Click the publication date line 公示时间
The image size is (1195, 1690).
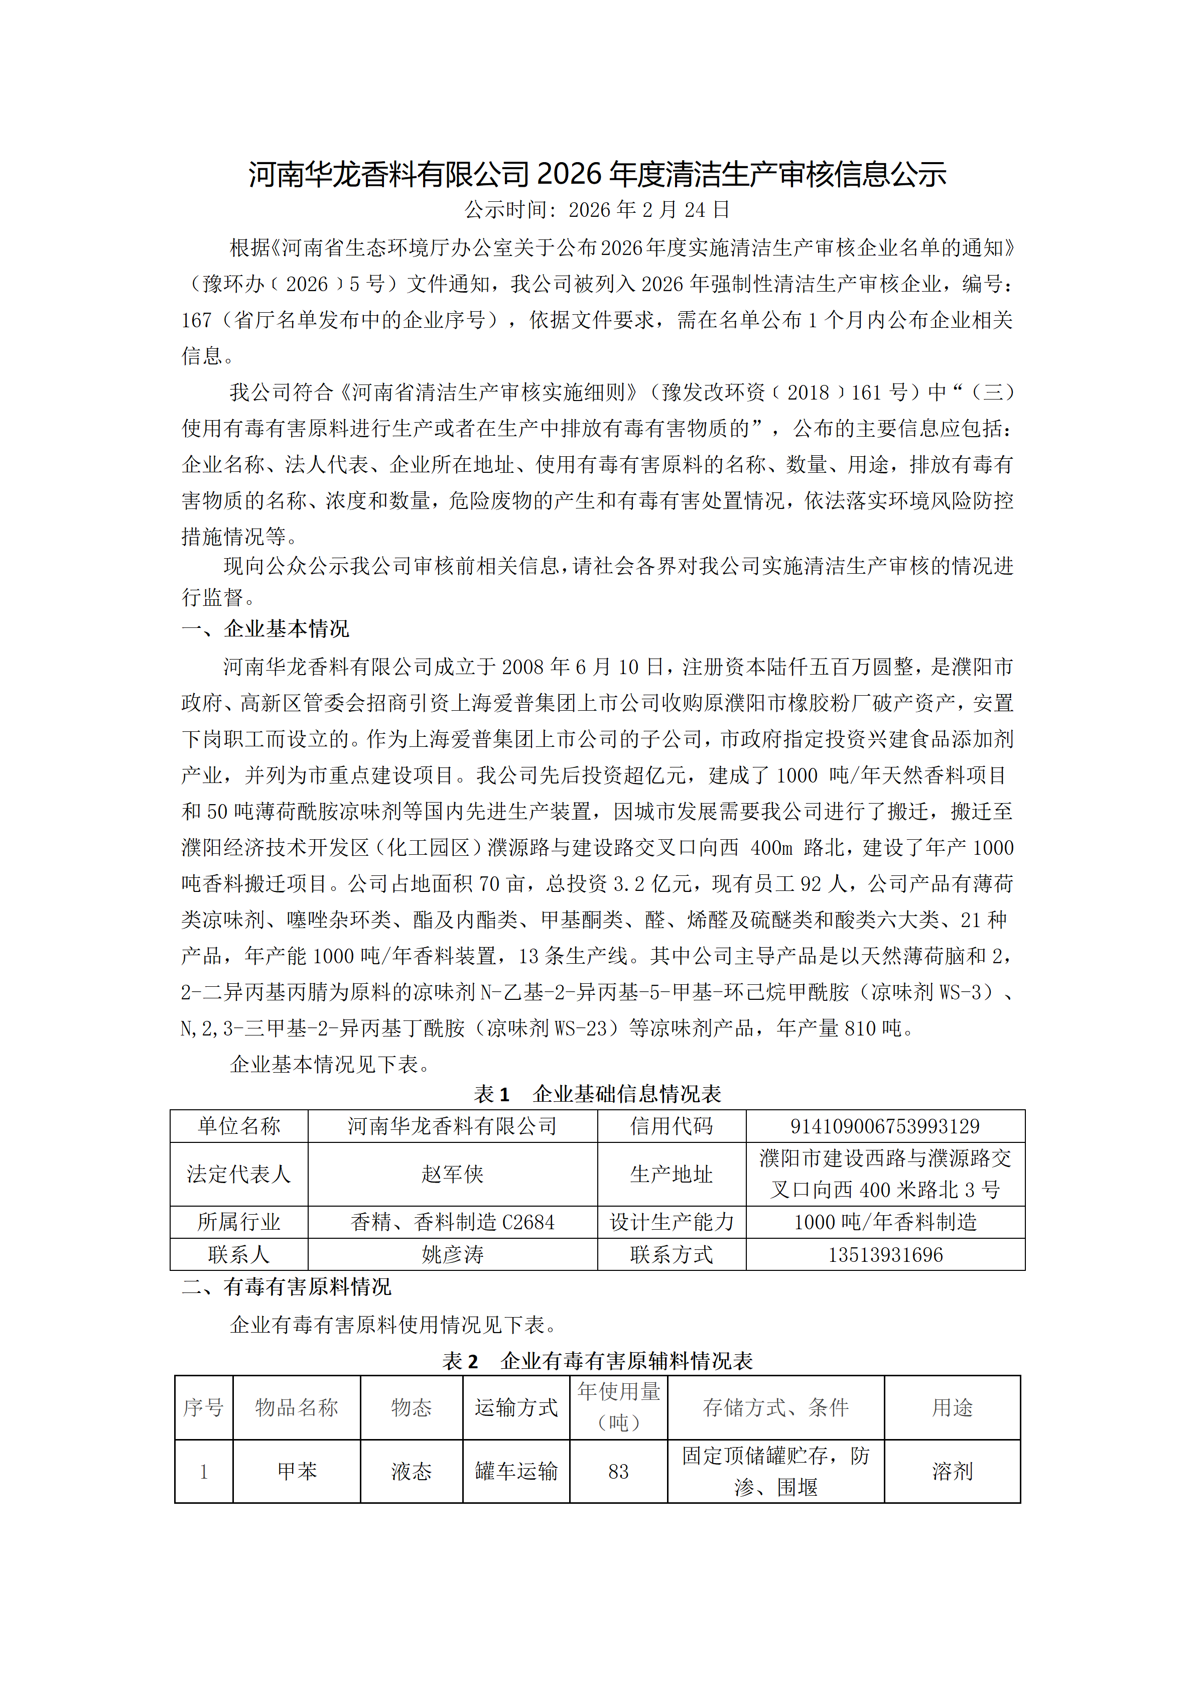click(597, 210)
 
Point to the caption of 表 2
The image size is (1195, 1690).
click(597, 1361)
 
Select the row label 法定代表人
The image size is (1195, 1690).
click(238, 1174)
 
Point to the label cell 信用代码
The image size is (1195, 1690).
click(671, 1126)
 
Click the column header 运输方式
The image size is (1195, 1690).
click(516, 1407)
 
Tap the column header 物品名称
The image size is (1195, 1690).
click(297, 1407)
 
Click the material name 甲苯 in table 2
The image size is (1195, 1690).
click(297, 1471)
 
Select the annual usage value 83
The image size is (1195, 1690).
click(618, 1471)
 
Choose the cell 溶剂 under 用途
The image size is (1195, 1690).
click(952, 1471)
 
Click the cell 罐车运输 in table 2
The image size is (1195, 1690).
click(516, 1471)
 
